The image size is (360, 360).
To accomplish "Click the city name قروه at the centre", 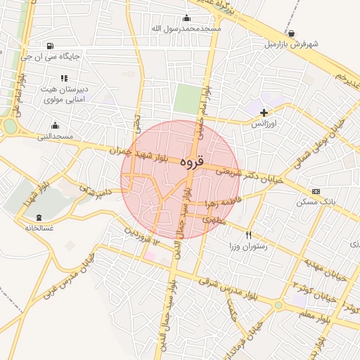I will coord(191,162).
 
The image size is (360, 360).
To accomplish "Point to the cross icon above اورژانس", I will coord(264,112).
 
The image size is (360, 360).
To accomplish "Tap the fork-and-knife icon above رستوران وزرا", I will coord(248,235).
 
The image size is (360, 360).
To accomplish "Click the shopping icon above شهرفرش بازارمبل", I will coord(292,33).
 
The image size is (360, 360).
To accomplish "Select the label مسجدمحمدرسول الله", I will coord(186,29).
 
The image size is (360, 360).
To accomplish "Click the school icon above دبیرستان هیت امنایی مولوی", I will coord(64,78).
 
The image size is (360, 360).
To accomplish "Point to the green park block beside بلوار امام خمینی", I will coord(187,98).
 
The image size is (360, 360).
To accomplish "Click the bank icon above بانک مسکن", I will coord(316,191).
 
